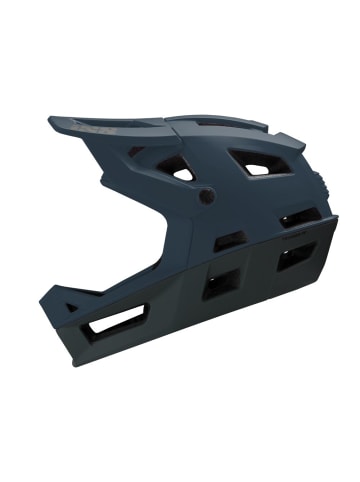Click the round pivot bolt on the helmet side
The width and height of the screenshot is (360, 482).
pyautogui.click(x=206, y=196)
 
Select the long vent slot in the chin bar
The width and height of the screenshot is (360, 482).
pyautogui.click(x=117, y=321)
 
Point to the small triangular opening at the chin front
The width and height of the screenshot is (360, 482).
pyautogui.click(x=70, y=308)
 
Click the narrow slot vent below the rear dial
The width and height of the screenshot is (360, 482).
pyautogui.click(x=297, y=218)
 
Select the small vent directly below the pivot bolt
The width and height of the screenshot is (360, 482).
pyautogui.click(x=229, y=240)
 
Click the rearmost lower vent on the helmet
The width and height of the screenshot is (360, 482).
pyautogui.click(x=295, y=258)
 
